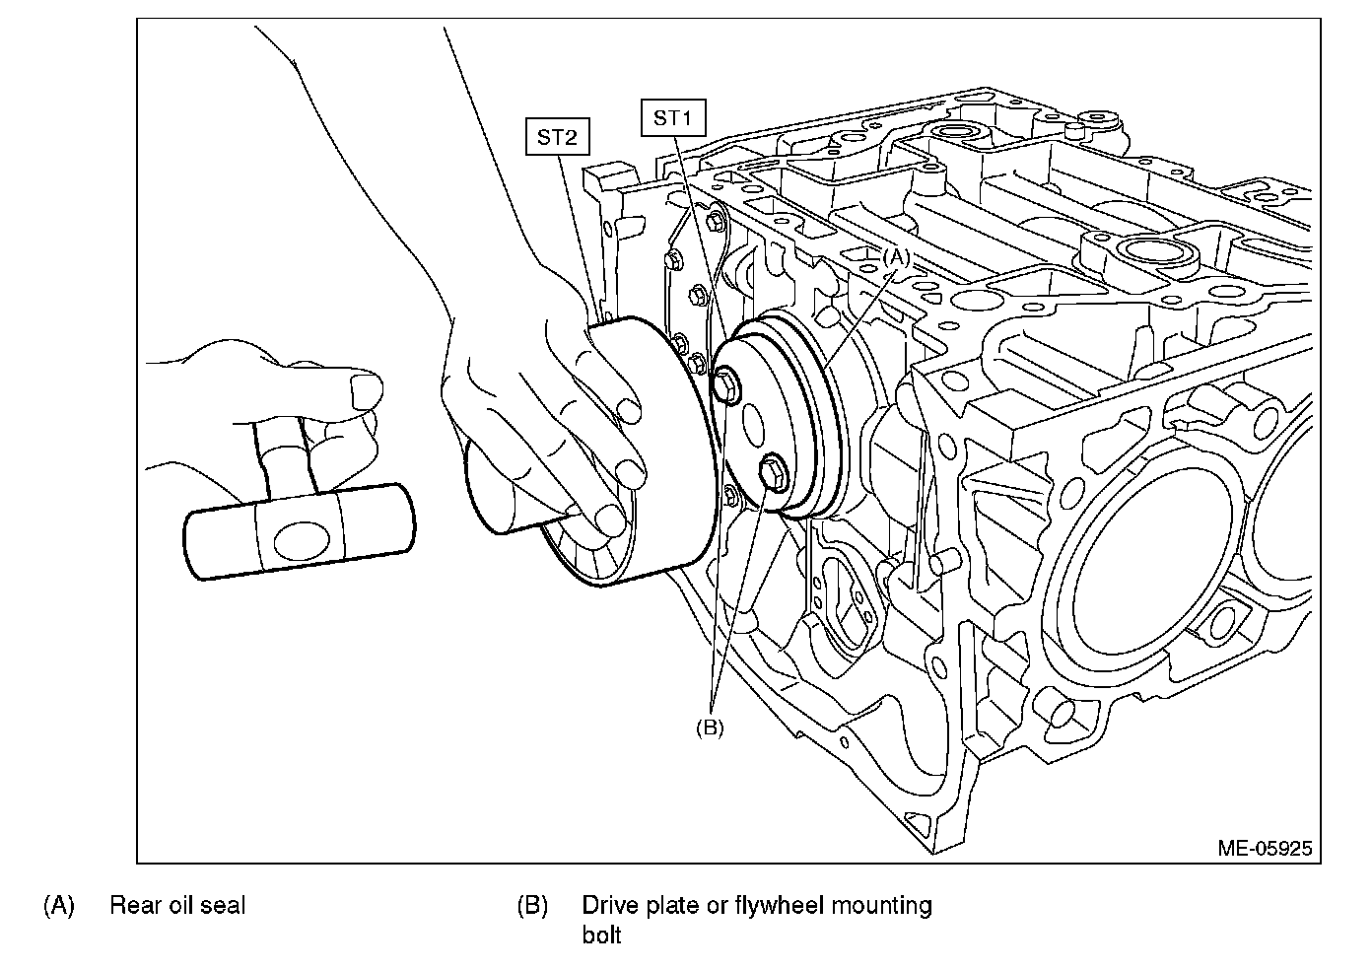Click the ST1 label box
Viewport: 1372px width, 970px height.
(672, 118)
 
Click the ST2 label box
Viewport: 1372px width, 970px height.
(557, 137)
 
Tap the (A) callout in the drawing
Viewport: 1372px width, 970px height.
(895, 255)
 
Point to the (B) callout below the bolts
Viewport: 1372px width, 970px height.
(710, 727)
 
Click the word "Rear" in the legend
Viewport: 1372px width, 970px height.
(135, 905)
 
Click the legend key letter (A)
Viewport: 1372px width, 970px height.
(59, 905)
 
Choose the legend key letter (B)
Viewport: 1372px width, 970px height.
(532, 905)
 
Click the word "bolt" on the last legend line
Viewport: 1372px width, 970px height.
(601, 935)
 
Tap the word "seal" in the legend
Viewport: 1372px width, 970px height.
(222, 905)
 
